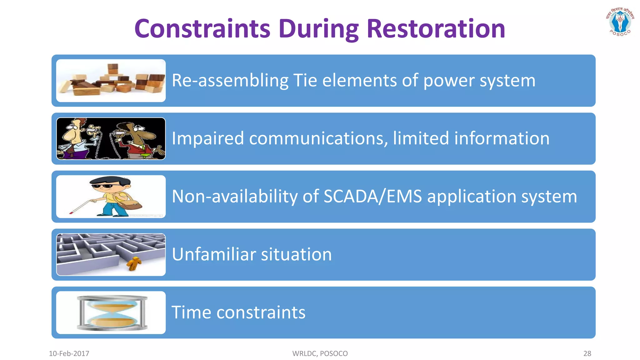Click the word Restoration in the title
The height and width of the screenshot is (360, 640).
pyautogui.click(x=436, y=29)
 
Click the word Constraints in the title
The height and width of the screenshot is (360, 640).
pyautogui.click(x=202, y=29)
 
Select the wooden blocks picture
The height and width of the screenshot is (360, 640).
pyautogui.click(x=111, y=81)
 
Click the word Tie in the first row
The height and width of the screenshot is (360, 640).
pyautogui.click(x=305, y=80)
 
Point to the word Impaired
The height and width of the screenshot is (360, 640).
pyautogui.click(x=208, y=138)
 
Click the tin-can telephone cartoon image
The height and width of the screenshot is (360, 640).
pyautogui.click(x=111, y=139)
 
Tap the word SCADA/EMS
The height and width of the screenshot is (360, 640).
pyautogui.click(x=372, y=197)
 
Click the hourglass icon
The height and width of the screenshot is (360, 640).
pyautogui.click(x=112, y=313)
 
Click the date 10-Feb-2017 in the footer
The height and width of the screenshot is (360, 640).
pyautogui.click(x=69, y=353)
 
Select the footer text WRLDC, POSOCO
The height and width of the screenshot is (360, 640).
pyautogui.click(x=320, y=353)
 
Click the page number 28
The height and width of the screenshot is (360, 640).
pyautogui.click(x=587, y=353)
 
